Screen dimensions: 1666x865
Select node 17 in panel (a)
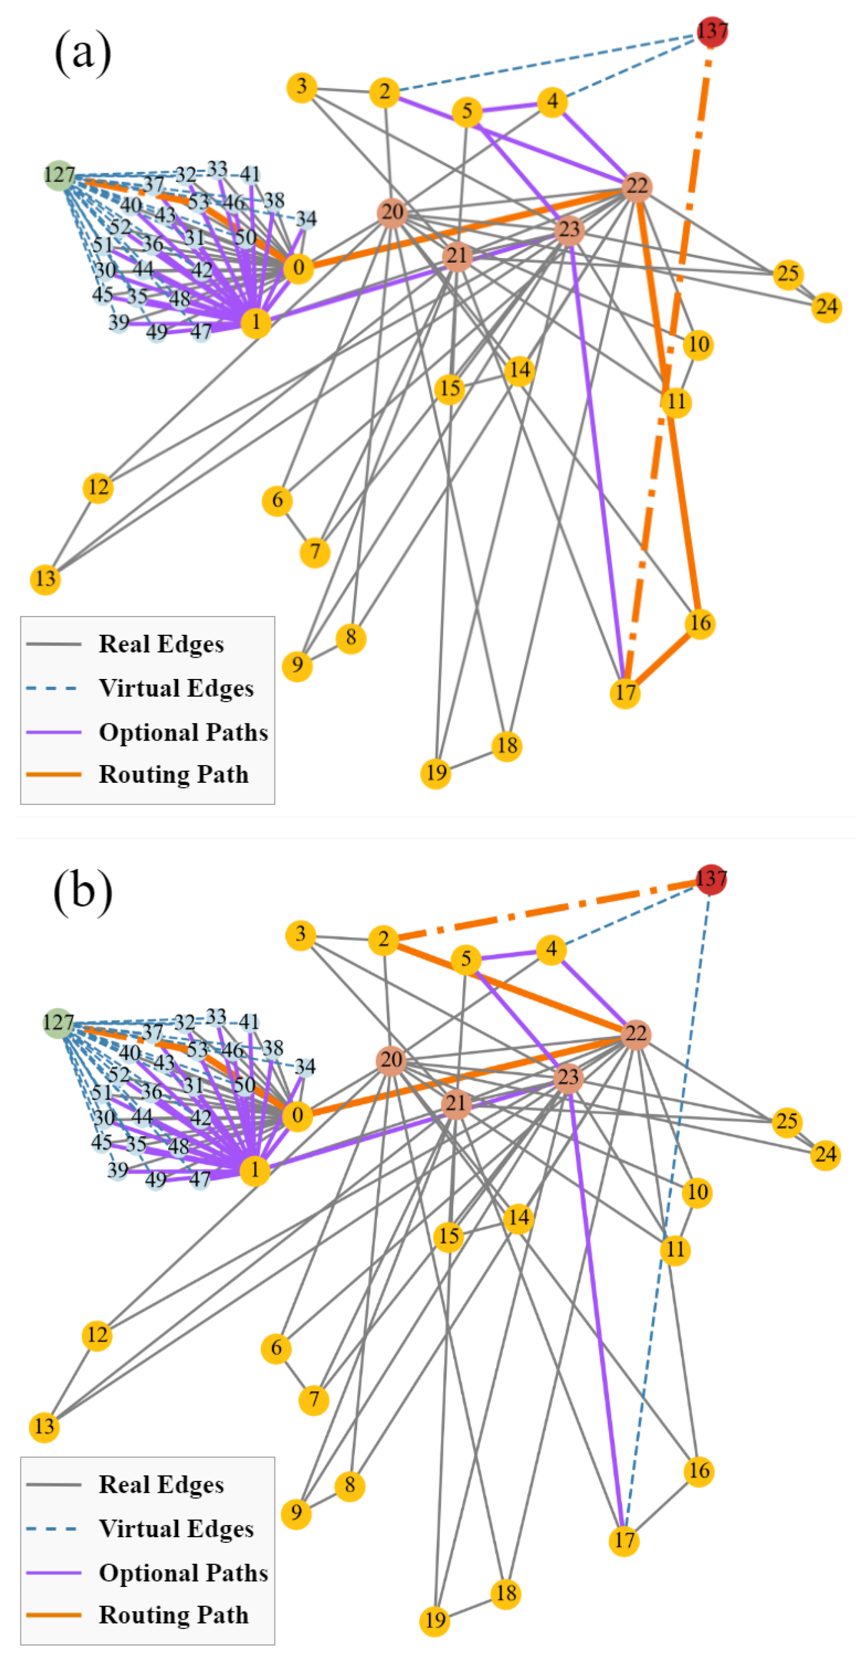click(x=625, y=693)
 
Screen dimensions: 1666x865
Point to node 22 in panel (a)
click(x=637, y=186)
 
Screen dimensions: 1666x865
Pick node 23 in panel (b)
click(x=568, y=1077)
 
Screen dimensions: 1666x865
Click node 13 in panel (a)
click(x=45, y=579)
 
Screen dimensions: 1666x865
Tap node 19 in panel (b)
click(x=435, y=1620)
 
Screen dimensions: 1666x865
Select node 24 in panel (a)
click(x=826, y=307)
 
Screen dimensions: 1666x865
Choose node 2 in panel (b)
click(x=384, y=939)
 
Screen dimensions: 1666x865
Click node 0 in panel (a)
click(x=298, y=268)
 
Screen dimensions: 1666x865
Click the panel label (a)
click(x=83, y=52)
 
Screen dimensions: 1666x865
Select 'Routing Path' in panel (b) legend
click(x=174, y=1615)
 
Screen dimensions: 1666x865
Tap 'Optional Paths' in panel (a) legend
click(x=183, y=732)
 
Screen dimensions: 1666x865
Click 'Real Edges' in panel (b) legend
click(x=161, y=1484)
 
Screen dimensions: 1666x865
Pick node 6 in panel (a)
click(x=277, y=500)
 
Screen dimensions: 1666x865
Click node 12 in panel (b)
click(x=97, y=1335)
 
